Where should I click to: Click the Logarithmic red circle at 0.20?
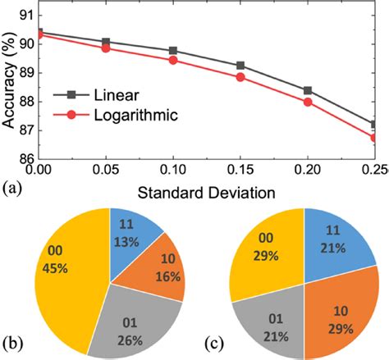tap(308, 102)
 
